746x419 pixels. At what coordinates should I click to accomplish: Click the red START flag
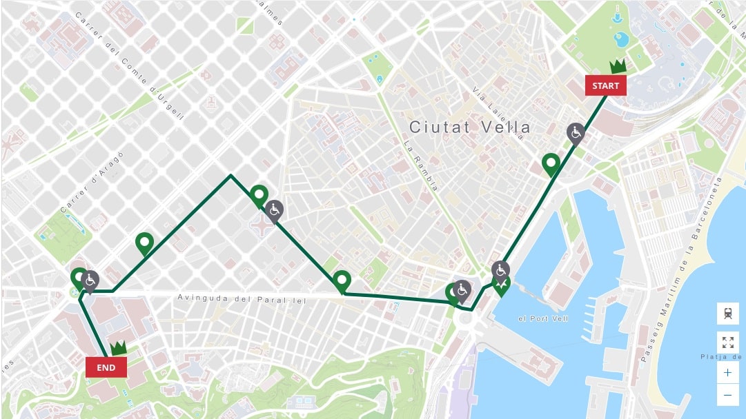click(x=606, y=85)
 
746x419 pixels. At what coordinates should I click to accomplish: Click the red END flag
click(x=106, y=367)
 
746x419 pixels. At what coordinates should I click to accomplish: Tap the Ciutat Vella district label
click(x=470, y=127)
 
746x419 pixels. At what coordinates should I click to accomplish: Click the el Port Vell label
click(x=543, y=318)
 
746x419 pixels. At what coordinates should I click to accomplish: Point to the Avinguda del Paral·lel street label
click(x=241, y=298)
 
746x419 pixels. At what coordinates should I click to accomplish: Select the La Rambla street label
click(x=422, y=165)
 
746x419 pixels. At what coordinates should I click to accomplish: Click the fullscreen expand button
click(x=727, y=343)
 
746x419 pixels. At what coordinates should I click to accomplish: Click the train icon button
click(x=727, y=314)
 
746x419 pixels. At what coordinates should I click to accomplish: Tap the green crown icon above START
click(x=618, y=66)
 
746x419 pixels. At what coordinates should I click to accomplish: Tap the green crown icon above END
click(x=119, y=348)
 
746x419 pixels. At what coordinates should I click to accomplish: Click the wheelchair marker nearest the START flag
click(x=576, y=132)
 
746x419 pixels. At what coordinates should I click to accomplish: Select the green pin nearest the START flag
click(x=551, y=164)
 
